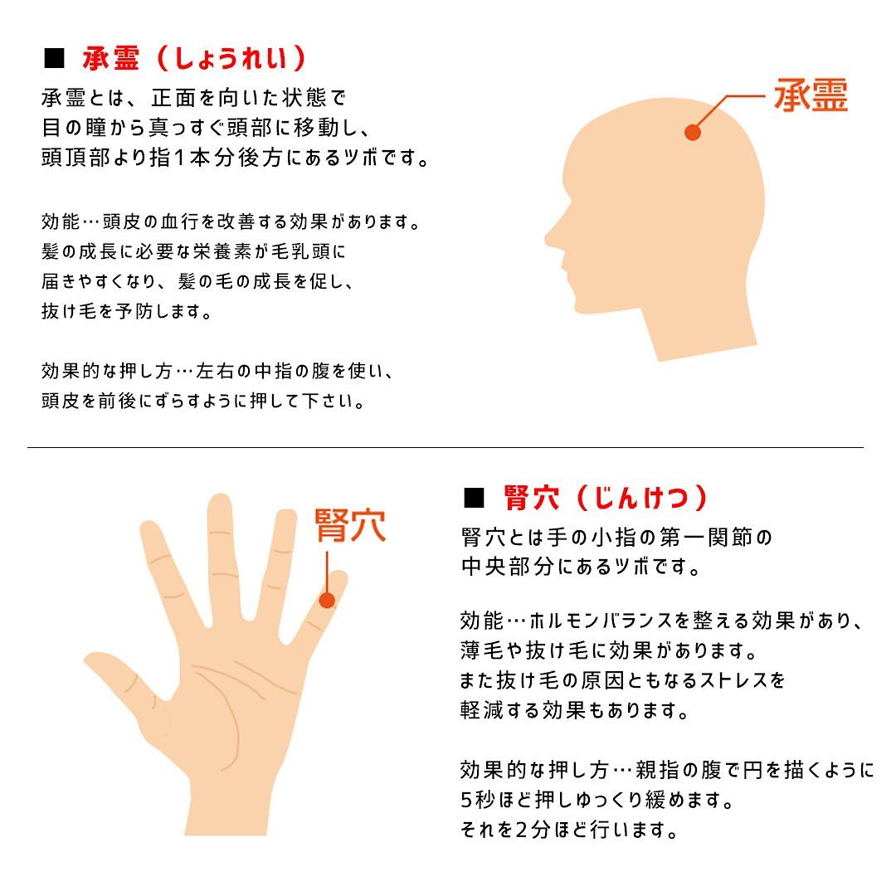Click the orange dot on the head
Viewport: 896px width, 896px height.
pos(693,132)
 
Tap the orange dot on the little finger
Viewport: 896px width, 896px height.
pos(327,600)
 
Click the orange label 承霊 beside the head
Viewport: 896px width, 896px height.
pos(811,95)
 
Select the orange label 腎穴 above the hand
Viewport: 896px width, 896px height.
pos(350,525)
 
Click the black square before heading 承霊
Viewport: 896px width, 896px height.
pos(54,58)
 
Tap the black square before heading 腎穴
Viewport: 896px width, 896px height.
pos(475,498)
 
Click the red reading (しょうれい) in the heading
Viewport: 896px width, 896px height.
pos(231,58)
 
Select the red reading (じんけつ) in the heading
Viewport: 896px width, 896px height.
pos(641,498)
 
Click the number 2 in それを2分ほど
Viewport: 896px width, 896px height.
pos(521,829)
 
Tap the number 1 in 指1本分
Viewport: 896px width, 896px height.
pos(179,157)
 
